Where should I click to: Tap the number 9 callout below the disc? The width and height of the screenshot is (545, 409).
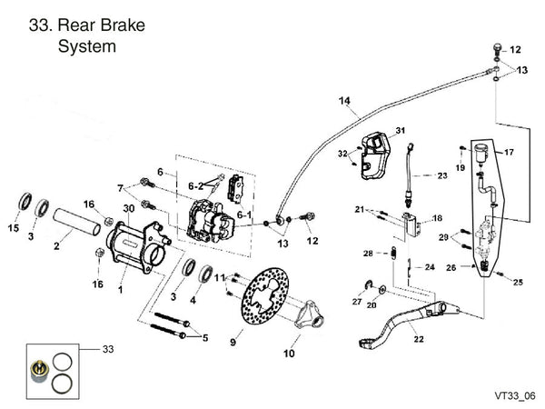tap(233, 343)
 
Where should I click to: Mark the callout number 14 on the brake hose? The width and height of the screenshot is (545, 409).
tap(344, 100)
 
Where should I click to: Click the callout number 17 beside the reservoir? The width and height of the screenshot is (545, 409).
tap(509, 153)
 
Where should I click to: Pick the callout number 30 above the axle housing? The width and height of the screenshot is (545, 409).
tap(128, 208)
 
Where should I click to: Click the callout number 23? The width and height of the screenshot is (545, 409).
tap(442, 175)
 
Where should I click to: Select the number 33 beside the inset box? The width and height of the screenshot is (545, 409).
tap(108, 348)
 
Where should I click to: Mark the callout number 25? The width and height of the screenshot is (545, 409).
tap(518, 283)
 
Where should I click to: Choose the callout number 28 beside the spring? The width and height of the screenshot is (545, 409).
tap(367, 253)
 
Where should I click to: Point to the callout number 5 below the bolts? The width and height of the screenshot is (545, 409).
tap(204, 339)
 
